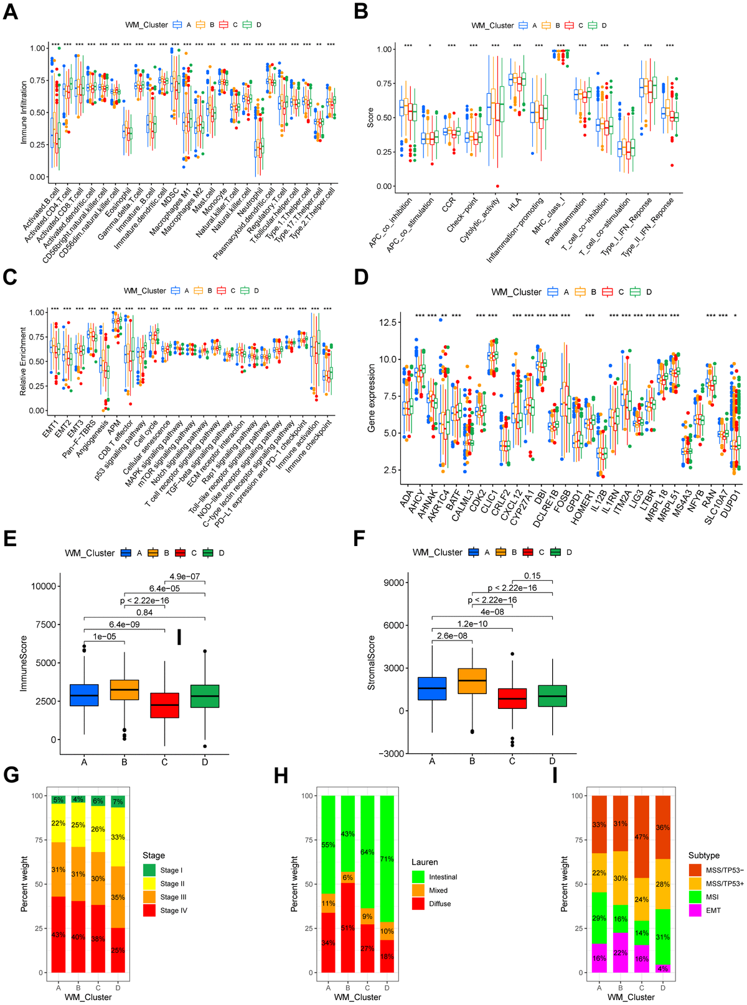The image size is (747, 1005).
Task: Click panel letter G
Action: point(11,775)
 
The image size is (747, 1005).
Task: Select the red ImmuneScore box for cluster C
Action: point(164,705)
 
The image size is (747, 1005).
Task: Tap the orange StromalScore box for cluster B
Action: point(472,681)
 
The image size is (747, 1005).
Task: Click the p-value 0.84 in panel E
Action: point(144,613)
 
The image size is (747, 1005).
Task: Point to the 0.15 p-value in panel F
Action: point(532,576)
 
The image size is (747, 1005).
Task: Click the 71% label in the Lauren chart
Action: point(387,859)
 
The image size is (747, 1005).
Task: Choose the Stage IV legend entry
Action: point(166,910)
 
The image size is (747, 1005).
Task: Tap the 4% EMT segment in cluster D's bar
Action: point(663,968)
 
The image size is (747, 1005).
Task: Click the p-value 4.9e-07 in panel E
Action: point(185,577)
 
